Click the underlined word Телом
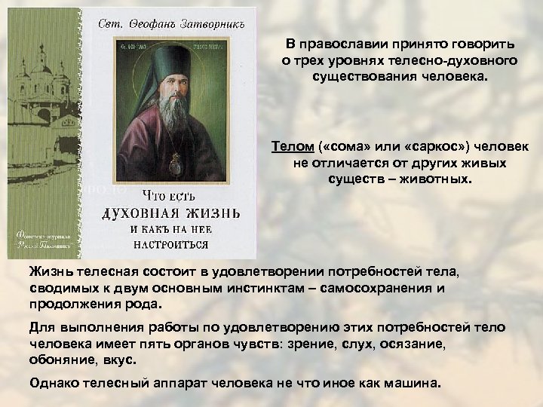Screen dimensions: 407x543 tap(289, 145)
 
